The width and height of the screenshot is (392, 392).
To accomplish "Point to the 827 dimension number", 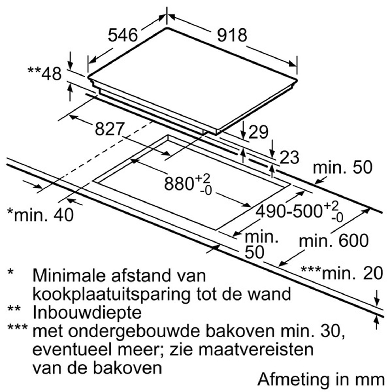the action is tap(109, 129).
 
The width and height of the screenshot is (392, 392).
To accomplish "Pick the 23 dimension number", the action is tap(289, 157).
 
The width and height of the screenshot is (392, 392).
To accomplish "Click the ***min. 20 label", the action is tap(342, 273).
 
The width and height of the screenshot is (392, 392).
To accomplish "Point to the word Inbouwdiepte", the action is tap(87, 313).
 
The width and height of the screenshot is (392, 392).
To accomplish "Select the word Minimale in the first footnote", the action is tap(67, 275).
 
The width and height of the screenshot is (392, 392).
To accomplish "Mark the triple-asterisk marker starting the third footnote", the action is tap(18, 327).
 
